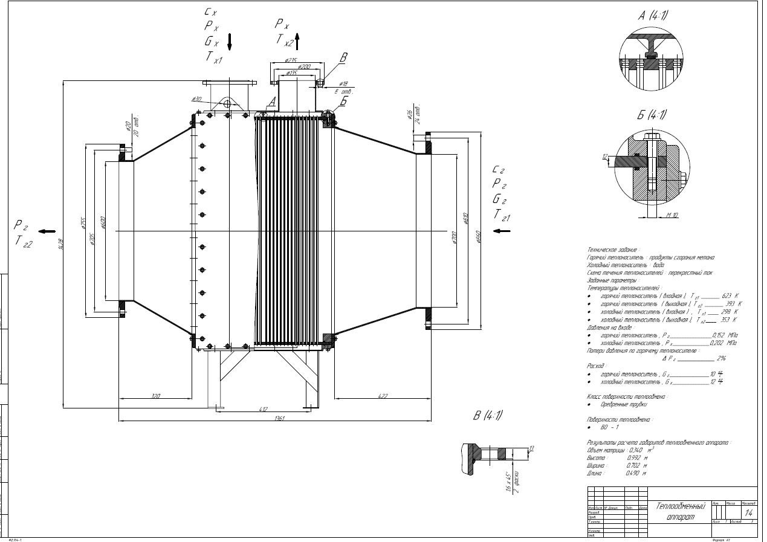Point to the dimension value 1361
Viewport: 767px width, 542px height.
pyautogui.click(x=279, y=418)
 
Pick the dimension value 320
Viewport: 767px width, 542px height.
pyautogui.click(x=155, y=396)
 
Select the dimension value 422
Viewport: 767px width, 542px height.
pyautogui.click(x=381, y=396)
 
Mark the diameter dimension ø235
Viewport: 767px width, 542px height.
pyautogui.click(x=291, y=60)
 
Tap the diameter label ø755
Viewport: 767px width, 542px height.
pyautogui.click(x=84, y=223)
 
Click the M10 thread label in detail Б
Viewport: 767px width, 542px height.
pyautogui.click(x=672, y=215)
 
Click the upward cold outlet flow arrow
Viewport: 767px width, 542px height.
pyautogui.click(x=297, y=40)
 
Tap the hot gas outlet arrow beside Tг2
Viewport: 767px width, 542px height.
pyautogui.click(x=48, y=231)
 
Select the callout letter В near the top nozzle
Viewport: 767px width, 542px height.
pyautogui.click(x=343, y=58)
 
